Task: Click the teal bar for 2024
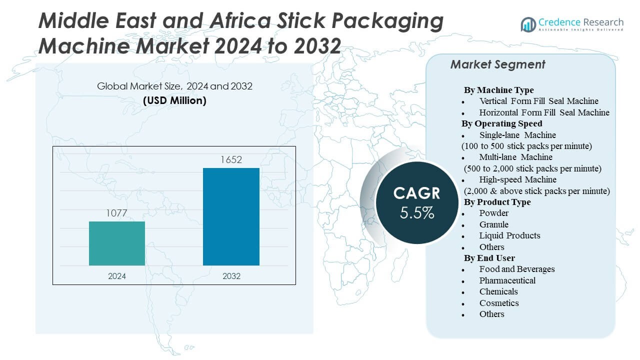click(117, 243)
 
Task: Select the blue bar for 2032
click(231, 216)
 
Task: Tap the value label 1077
click(117, 213)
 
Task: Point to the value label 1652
click(231, 160)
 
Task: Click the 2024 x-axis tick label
click(117, 276)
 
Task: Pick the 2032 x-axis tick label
click(231, 276)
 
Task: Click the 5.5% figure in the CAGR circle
click(417, 213)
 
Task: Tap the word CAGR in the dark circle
click(417, 193)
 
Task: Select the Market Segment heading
click(497, 64)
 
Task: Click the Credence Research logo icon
click(528, 24)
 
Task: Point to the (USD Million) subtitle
click(174, 100)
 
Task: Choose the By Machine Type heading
click(498, 90)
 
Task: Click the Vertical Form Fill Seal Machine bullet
click(538, 101)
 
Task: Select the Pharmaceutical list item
click(507, 280)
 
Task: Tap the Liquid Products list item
click(509, 235)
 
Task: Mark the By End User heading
click(489, 258)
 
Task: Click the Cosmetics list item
click(499, 303)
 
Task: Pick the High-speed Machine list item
click(517, 179)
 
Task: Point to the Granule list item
click(494, 224)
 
